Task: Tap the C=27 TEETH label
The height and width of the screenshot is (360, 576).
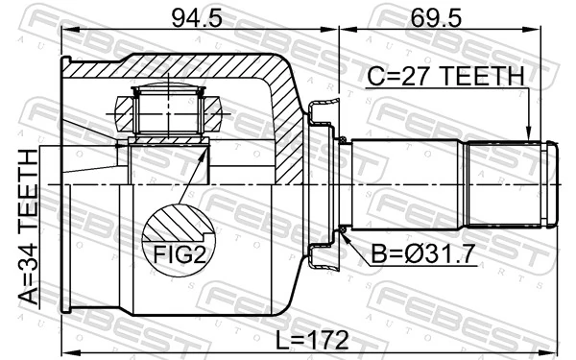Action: [444, 76]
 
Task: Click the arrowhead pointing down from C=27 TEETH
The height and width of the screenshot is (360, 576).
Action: [527, 133]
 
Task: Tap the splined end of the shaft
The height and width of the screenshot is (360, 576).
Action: [509, 184]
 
